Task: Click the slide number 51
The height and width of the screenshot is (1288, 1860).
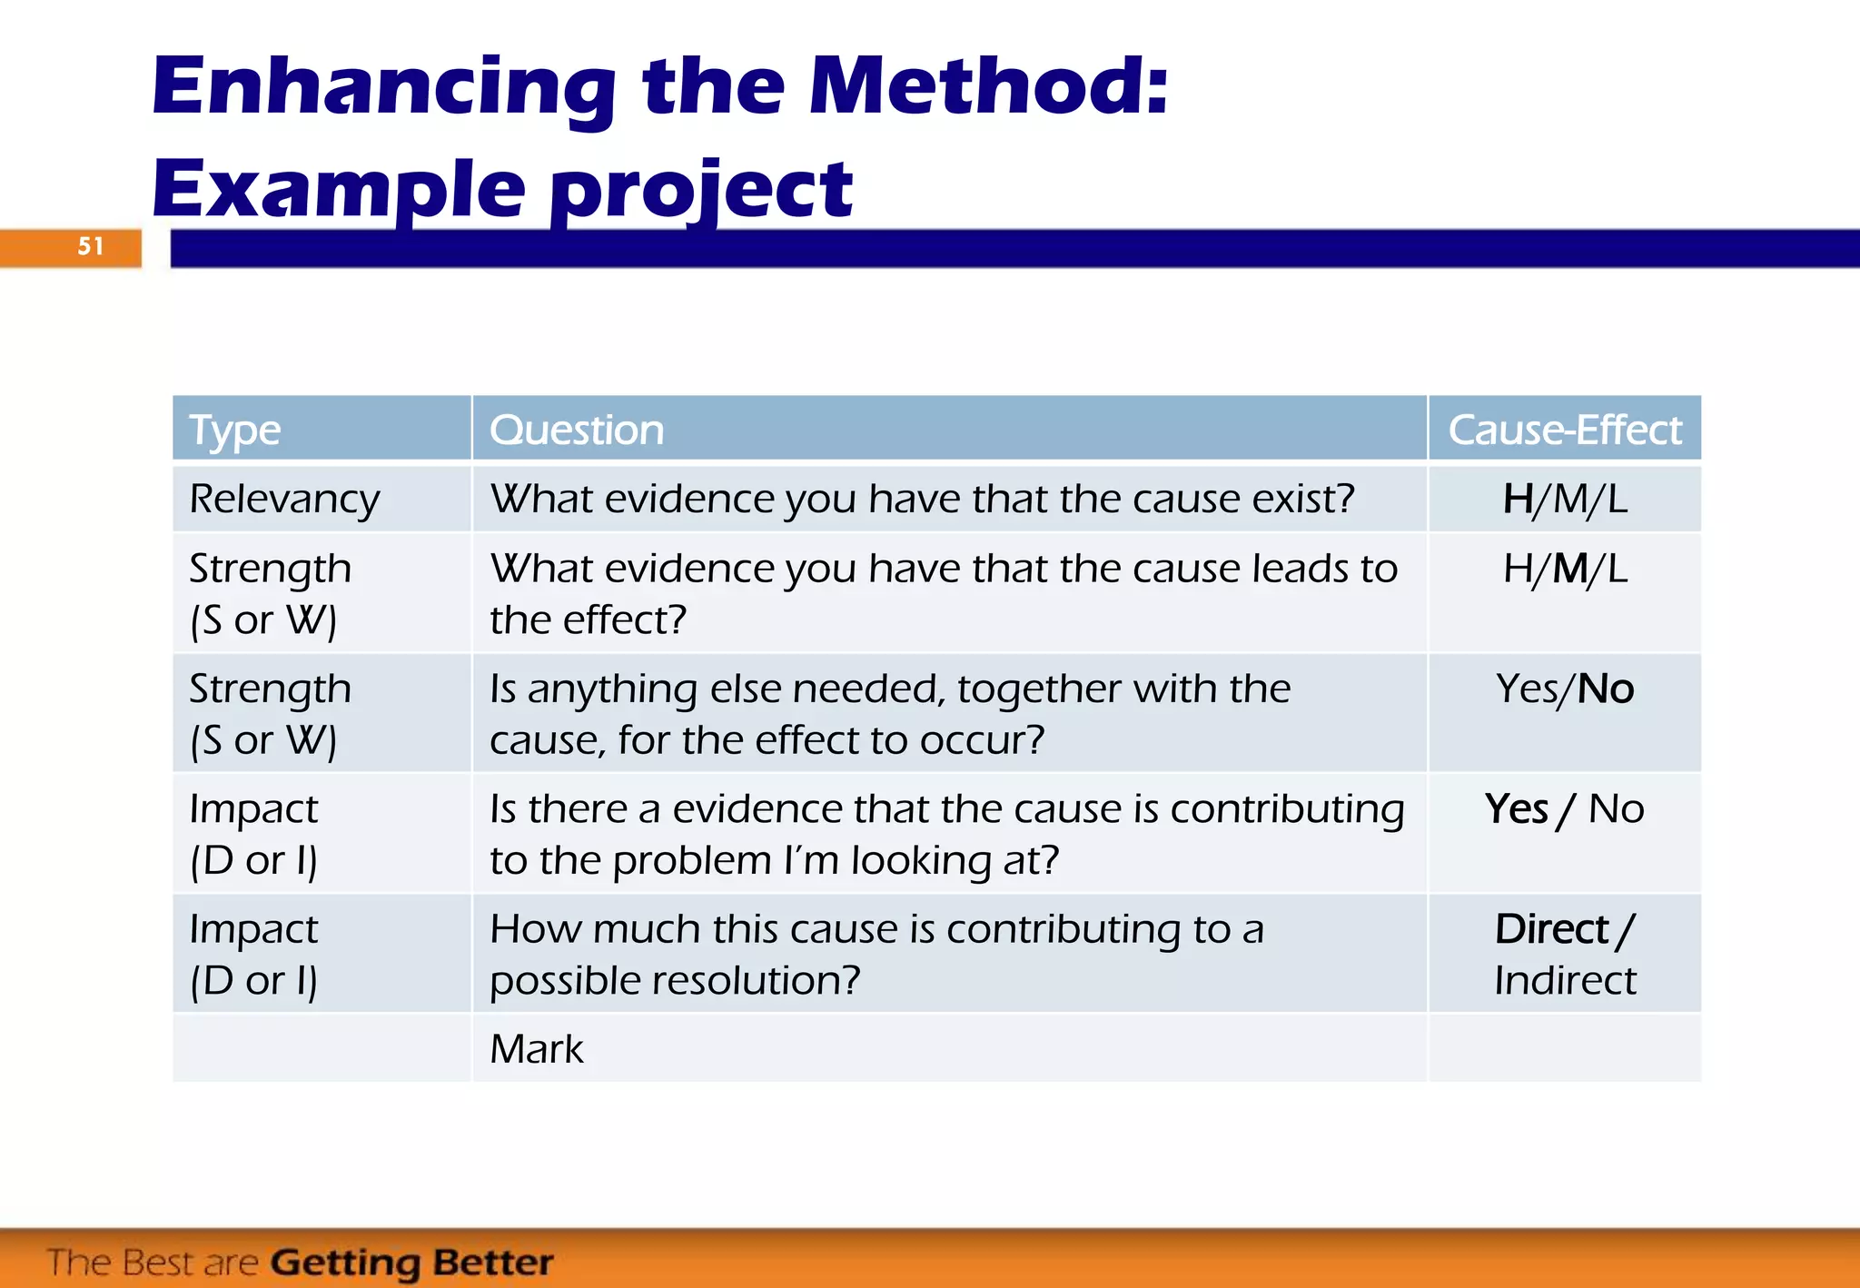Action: pyautogui.click(x=91, y=246)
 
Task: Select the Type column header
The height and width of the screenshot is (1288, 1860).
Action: pyautogui.click(x=235, y=430)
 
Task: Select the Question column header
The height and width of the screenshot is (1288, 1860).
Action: pyautogui.click(x=577, y=430)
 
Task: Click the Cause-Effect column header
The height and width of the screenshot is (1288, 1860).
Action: pyautogui.click(x=1564, y=430)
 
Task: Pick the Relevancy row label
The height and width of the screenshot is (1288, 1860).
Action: pyautogui.click(x=284, y=499)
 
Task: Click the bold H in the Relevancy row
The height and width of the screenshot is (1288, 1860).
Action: pyautogui.click(x=1518, y=499)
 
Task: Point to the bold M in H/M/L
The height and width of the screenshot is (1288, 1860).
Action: pyautogui.click(x=1570, y=569)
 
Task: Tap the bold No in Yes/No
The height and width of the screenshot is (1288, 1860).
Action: pyautogui.click(x=1606, y=689)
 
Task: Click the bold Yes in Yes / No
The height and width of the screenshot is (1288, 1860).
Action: pyautogui.click(x=1516, y=808)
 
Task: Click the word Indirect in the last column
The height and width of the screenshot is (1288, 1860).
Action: pyautogui.click(x=1565, y=980)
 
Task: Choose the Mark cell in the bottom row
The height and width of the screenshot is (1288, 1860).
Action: pyautogui.click(x=537, y=1049)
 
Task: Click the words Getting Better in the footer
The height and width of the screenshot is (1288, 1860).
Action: pyautogui.click(x=411, y=1263)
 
